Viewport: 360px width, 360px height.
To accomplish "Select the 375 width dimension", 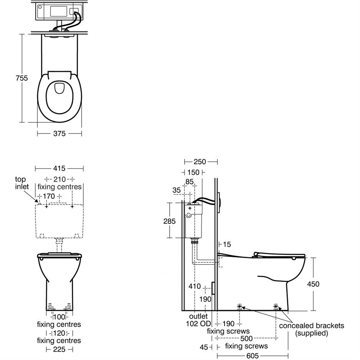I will (59, 134).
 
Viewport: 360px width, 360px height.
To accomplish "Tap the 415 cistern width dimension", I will (59, 169).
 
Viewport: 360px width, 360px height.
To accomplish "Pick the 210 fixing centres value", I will (59, 179).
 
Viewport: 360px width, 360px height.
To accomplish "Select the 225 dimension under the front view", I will (59, 349).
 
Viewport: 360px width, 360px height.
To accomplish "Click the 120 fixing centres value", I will (59, 333).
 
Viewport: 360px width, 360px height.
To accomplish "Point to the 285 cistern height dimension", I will (169, 221).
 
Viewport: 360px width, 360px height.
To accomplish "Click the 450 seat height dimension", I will (313, 284).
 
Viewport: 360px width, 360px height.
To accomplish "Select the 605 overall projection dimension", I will (252, 356).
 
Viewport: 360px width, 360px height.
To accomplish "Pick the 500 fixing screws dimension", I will (246, 339).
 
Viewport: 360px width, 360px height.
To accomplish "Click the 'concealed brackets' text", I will (311, 326).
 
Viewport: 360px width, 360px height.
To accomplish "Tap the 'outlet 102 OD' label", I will (198, 320).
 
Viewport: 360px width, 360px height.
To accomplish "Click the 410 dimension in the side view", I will (195, 286).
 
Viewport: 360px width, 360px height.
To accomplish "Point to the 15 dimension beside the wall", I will (227, 244).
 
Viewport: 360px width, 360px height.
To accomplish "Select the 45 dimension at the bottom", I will (204, 347).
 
